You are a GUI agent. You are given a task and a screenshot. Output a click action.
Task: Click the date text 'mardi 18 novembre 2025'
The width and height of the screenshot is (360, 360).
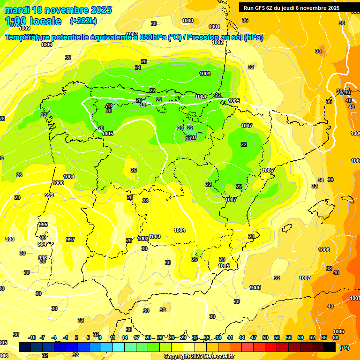point(58,10)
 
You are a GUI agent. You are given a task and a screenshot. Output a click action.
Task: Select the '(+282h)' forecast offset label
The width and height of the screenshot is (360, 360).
point(83,21)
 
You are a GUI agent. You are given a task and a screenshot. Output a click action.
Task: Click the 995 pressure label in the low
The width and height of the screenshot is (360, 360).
point(43,225)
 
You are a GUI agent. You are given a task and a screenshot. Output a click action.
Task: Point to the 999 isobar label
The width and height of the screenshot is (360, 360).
point(49,195)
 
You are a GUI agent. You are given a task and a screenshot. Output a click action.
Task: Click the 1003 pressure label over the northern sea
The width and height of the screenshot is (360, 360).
point(205,74)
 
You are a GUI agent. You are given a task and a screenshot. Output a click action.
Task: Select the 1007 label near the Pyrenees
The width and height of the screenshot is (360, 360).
point(247,126)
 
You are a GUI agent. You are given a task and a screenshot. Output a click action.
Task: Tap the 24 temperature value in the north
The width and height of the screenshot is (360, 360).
point(138,68)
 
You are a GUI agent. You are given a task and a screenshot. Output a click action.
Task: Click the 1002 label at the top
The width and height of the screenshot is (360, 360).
point(217,42)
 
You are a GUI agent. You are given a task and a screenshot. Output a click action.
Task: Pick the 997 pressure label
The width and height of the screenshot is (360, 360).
point(70,240)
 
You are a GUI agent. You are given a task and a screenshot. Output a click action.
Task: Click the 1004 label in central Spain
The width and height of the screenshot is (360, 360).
point(180,230)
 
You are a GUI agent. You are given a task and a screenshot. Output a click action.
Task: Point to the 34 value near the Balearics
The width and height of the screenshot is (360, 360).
point(321,180)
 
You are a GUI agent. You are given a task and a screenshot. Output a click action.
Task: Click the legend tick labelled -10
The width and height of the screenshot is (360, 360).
point(32,337)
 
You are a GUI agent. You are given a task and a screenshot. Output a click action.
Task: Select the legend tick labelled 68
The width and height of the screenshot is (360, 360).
point(336,337)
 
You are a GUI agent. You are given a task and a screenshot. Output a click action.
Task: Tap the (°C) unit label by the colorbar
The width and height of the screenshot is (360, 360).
point(345,348)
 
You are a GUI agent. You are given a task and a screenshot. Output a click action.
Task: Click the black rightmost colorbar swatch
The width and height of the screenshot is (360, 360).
point(330,347)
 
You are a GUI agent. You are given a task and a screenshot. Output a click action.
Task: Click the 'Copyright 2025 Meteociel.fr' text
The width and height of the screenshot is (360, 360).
point(199,356)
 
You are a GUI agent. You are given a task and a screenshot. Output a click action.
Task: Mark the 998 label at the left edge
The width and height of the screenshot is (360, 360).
point(9,239)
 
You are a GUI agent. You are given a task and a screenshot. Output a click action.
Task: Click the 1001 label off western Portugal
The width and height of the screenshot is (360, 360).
point(69,177)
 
